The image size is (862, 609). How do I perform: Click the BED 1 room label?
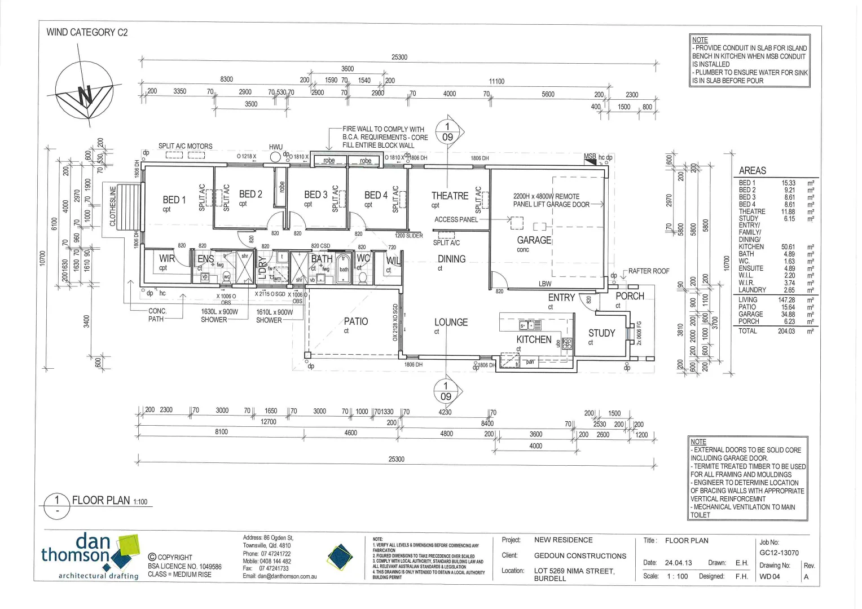point(174,200)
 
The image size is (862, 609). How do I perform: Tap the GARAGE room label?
point(534,240)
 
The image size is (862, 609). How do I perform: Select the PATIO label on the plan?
point(356,321)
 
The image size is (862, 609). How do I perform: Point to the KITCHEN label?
point(534,339)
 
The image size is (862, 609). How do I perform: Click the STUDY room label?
point(601,333)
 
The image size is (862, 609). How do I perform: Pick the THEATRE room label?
point(450,196)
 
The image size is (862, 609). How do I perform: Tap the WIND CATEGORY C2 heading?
point(87,32)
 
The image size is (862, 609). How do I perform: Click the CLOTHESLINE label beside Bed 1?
point(113,206)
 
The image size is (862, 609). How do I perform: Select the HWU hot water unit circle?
point(275,157)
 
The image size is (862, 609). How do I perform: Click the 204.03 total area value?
point(786,331)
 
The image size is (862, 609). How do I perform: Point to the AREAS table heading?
point(752,170)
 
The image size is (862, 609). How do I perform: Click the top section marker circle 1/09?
point(447,132)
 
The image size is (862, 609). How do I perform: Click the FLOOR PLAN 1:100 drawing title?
point(109,500)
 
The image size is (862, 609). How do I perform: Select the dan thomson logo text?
point(79,549)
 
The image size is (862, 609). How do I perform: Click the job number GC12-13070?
point(779,553)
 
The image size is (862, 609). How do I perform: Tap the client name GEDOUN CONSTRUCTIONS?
point(580,555)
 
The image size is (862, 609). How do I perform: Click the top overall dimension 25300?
point(399,57)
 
